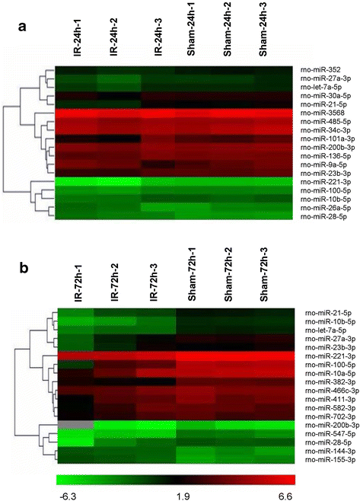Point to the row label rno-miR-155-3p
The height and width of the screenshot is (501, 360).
coord(321,439)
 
